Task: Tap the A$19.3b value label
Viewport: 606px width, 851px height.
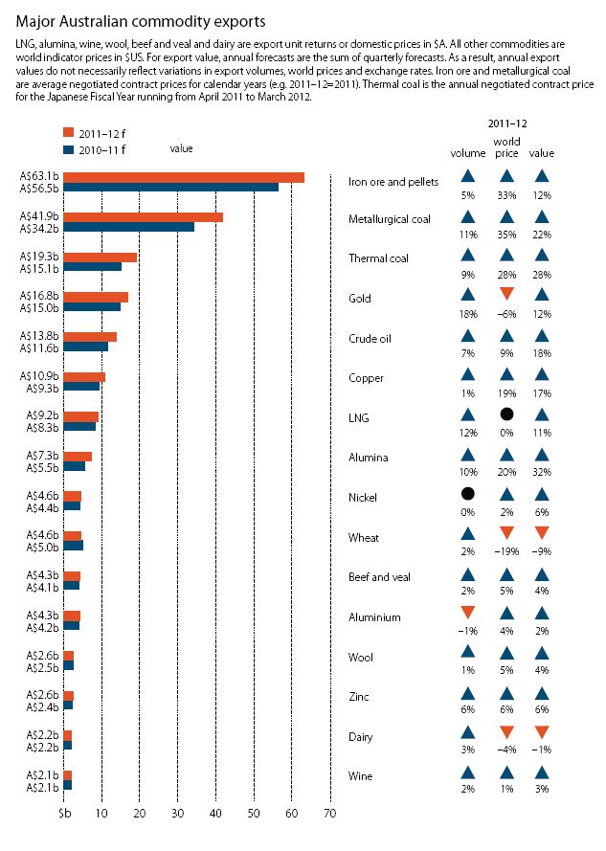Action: pyautogui.click(x=39, y=257)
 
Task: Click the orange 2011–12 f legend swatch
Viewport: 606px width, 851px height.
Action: pyautogui.click(x=69, y=132)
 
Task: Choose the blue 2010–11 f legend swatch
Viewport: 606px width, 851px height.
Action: pyautogui.click(x=69, y=148)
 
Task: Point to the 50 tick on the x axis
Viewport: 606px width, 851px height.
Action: pyautogui.click(x=254, y=814)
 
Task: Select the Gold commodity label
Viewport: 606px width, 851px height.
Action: pyautogui.click(x=361, y=299)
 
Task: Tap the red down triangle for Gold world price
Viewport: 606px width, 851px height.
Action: pyautogui.click(x=506, y=294)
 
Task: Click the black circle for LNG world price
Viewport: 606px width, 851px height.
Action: pyautogui.click(x=506, y=414)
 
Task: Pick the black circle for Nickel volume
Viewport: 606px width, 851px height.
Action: pyautogui.click(x=467, y=494)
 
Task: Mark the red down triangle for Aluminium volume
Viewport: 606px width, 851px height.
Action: pyautogui.click(x=467, y=614)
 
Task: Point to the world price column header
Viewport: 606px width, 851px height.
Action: pyautogui.click(x=506, y=146)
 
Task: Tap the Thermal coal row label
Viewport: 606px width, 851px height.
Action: pyautogui.click(x=378, y=258)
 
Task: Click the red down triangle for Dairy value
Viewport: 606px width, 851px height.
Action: pyautogui.click(x=542, y=733)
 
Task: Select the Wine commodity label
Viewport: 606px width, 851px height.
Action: pyautogui.click(x=362, y=777)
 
